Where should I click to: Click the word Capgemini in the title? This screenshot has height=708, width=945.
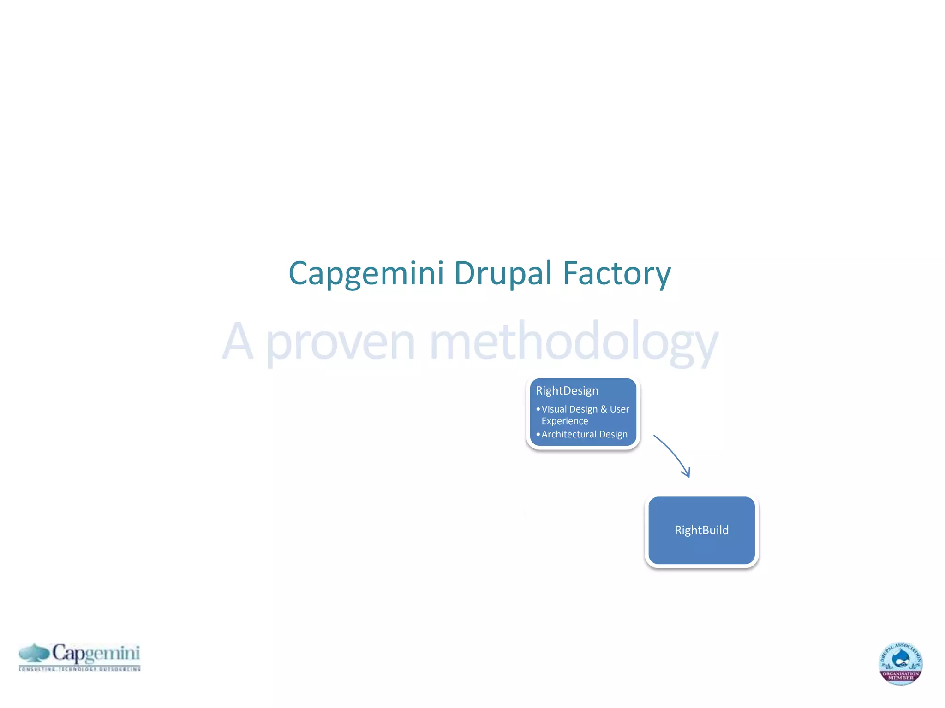coord(366,274)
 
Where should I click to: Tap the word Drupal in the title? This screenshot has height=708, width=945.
coord(502,274)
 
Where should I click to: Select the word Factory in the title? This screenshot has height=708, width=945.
coord(616,274)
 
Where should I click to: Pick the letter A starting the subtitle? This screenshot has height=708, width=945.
coord(238,341)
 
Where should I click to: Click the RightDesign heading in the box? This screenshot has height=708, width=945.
coord(567,391)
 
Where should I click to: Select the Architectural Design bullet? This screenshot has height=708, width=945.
coord(584,434)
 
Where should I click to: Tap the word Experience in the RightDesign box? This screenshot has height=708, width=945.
coord(565,421)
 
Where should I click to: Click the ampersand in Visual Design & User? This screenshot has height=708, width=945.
coord(604,409)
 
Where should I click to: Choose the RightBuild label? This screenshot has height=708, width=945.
coord(701,530)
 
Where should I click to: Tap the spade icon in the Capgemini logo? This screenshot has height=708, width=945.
coord(34,653)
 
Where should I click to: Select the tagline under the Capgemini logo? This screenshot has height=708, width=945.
coord(79,668)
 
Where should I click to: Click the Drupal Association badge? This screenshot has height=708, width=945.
coord(900,663)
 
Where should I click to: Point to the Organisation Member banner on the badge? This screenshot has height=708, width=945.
coord(901,676)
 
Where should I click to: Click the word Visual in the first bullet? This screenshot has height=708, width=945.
coord(555,409)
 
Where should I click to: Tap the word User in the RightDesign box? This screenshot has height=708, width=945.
coord(619,409)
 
